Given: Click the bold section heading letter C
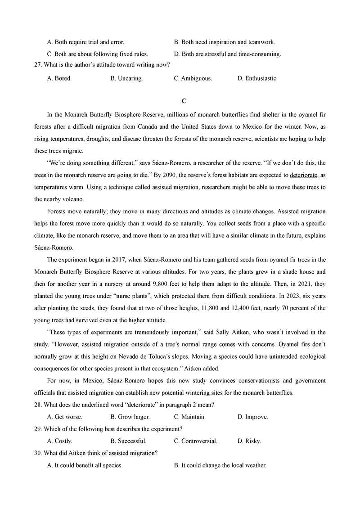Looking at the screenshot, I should pos(180,101).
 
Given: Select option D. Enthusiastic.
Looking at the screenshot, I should pos(257,78).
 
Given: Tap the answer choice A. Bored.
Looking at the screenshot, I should pos(59,78).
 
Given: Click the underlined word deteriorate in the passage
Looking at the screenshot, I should pos(304,175).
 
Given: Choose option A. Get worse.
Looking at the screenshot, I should pos(65,417).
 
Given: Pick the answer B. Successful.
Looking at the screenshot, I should pos(128,441).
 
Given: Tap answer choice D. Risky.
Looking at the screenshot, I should pos(249,441).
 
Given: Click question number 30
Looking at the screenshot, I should pos(38,453).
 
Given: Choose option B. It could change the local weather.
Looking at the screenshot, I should pos(220,465).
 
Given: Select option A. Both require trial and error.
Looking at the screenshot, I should pos(85,42).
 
